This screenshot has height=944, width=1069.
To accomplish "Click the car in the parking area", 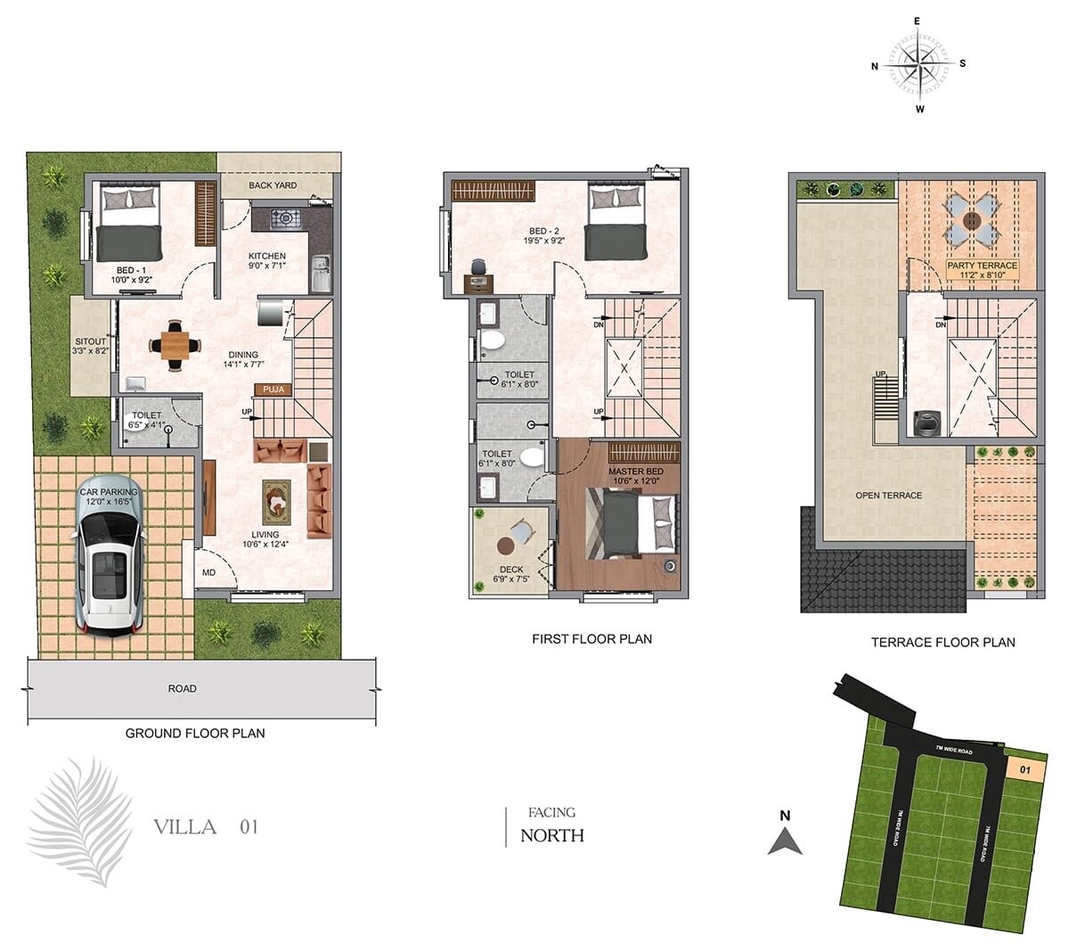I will (109, 571).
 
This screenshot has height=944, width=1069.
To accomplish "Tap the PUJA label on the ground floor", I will (273, 390).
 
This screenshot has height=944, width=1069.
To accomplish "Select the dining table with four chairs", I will (175, 343).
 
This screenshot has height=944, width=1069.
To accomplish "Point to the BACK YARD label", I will (273, 185).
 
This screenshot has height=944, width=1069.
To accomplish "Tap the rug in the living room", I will (276, 502).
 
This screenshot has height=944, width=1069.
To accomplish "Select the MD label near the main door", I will (208, 572).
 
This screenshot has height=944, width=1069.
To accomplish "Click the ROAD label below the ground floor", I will (182, 688).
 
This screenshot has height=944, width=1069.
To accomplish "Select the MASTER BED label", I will (635, 471).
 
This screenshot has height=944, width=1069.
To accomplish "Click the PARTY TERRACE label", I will (982, 266).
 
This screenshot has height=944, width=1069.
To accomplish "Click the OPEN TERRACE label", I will (888, 495).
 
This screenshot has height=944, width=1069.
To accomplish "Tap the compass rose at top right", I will (918, 63).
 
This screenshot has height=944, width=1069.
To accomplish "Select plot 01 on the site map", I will (1024, 768).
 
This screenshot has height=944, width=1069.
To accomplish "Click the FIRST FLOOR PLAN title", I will (592, 638).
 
